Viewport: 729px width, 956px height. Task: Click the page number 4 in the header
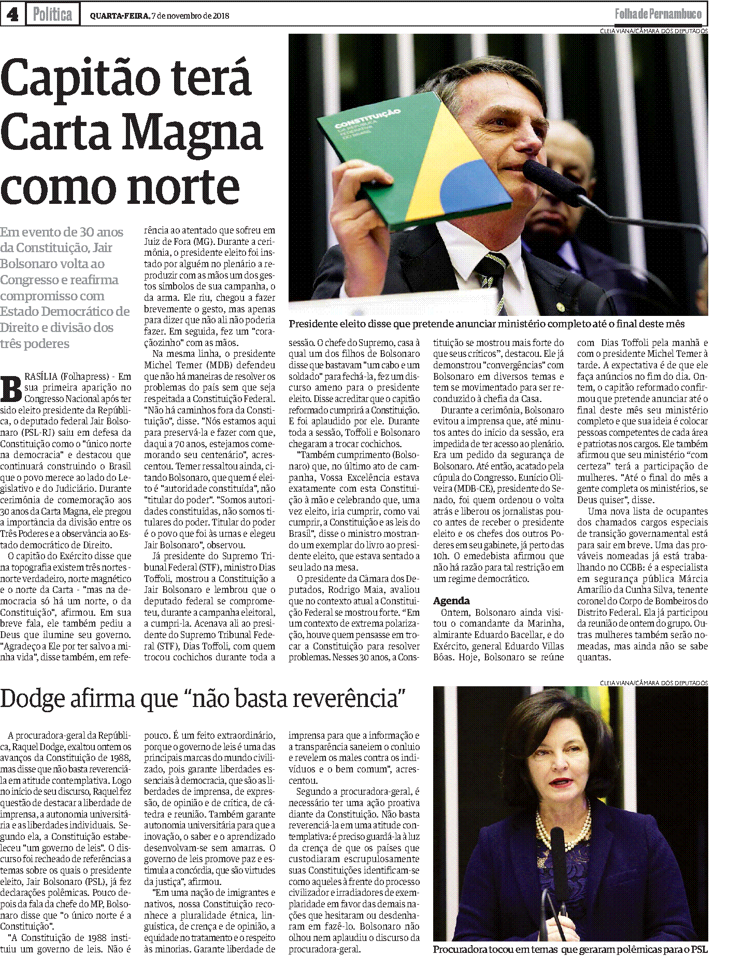(x=11, y=15)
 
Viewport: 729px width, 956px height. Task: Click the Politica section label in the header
(x=52, y=15)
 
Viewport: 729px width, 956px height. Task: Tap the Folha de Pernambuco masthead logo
(x=658, y=15)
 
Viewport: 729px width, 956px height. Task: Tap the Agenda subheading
(x=451, y=601)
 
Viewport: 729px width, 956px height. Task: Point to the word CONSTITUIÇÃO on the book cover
(x=367, y=119)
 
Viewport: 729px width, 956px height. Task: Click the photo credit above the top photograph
(x=653, y=31)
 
